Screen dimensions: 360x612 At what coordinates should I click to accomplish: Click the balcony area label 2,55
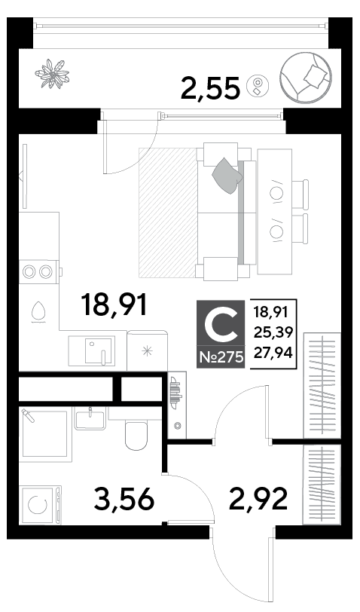point(210,88)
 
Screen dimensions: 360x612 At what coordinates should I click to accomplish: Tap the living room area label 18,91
point(114,304)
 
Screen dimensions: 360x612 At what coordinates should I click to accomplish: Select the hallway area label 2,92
point(258,498)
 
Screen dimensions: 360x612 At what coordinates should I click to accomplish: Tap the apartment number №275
point(221,357)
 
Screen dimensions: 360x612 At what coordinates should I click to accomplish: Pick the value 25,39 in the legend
point(273,332)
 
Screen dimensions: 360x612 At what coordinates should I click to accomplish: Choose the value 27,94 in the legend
point(273,353)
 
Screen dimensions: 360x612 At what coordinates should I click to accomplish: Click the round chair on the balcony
point(306,77)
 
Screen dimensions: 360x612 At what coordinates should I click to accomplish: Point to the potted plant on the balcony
point(52,73)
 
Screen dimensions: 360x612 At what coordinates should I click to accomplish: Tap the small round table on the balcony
point(258,84)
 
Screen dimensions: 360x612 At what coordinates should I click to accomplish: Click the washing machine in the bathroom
point(40,505)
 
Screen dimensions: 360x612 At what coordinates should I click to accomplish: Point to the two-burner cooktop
point(38,271)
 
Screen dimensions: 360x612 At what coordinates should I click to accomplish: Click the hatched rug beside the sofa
point(168,213)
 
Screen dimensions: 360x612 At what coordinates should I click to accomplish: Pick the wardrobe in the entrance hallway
point(322,485)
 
